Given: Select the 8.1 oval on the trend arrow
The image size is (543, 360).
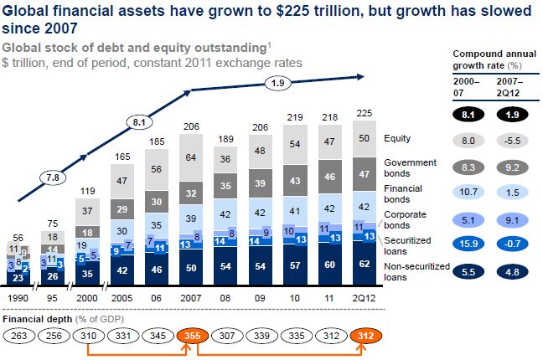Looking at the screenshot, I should [x=141, y=121].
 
